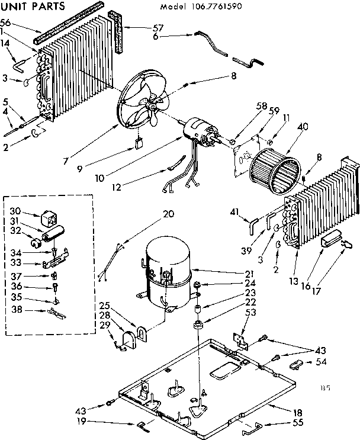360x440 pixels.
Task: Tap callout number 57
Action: click(142, 27)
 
